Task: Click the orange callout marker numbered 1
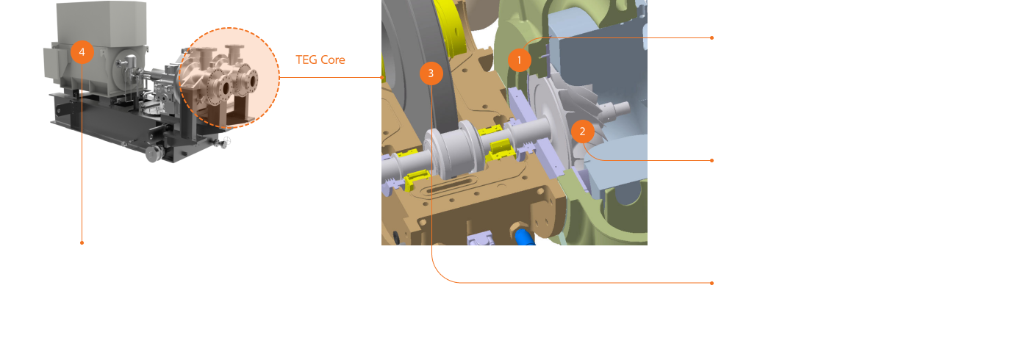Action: click(520, 60)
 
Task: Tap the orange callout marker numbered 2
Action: click(582, 132)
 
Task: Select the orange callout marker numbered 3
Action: click(431, 73)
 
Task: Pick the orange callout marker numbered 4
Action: click(82, 52)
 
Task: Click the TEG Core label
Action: click(320, 60)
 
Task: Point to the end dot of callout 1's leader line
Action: click(711, 37)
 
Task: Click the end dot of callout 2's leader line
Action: click(711, 160)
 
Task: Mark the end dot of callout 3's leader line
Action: click(711, 283)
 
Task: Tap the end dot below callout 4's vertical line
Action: click(82, 242)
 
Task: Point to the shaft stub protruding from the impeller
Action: click(617, 110)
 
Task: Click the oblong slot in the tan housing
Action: click(449, 186)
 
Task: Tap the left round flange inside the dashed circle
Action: click(222, 87)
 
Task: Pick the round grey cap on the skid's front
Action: click(154, 154)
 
